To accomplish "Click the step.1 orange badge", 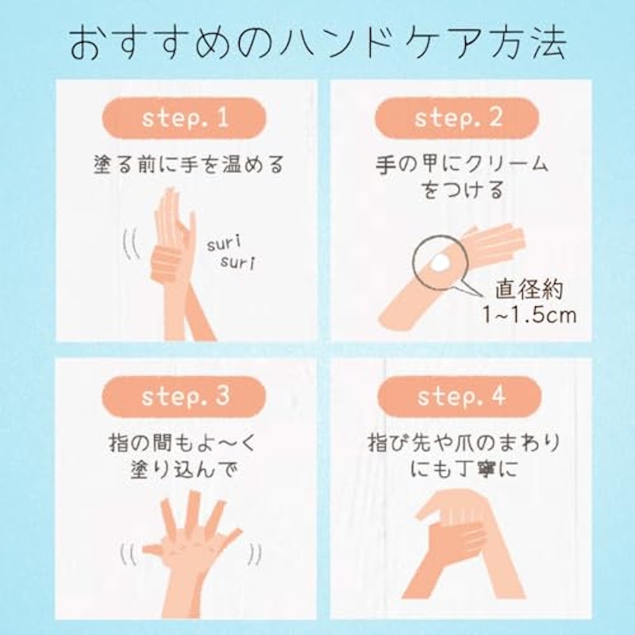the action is (x=184, y=118).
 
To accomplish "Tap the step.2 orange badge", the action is (x=457, y=118).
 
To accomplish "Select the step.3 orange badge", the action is (x=184, y=396).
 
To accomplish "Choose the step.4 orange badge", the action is (x=460, y=396).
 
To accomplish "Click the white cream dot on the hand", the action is (x=440, y=264).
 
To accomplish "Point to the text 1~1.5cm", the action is (x=529, y=314).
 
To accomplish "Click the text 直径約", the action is (x=529, y=289).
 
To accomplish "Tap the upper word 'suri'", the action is (x=224, y=243).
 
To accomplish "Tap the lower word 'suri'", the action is (x=238, y=262).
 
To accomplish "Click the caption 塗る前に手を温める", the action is (x=189, y=164).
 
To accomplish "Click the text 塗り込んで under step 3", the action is (x=183, y=469).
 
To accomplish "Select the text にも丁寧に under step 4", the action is (x=464, y=469).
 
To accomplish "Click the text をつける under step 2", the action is (x=462, y=190).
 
